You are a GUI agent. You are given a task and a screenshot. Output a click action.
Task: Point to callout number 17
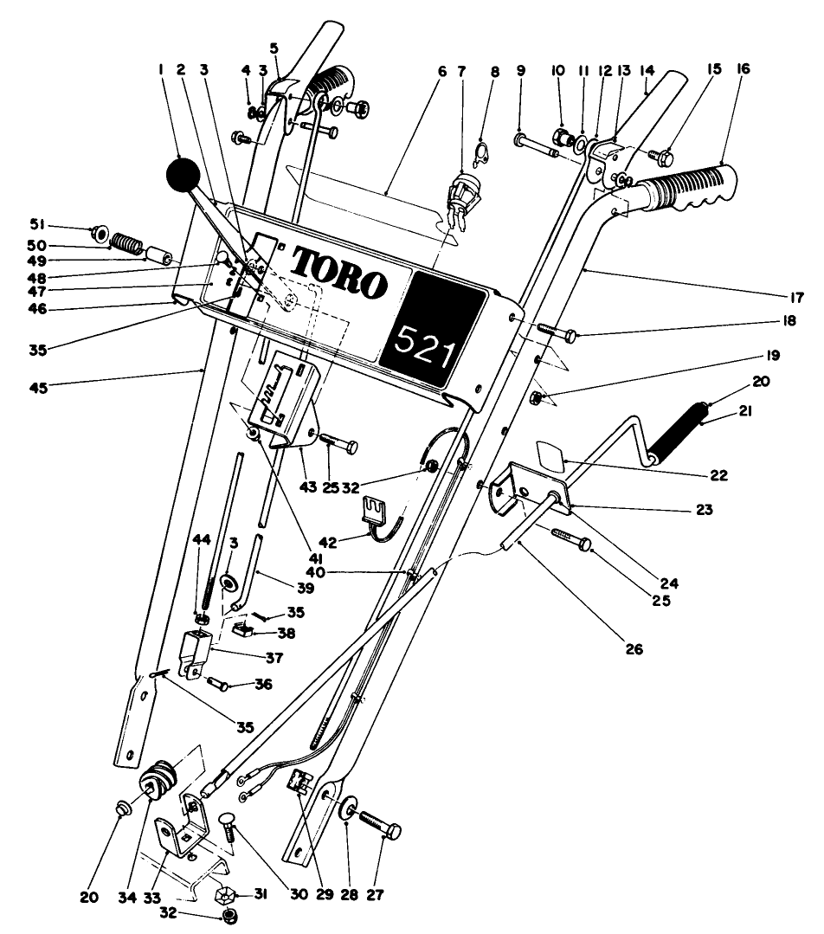point(797,297)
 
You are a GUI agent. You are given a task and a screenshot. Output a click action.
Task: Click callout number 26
point(634,647)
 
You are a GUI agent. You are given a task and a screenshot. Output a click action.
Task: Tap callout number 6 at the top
point(441,72)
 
